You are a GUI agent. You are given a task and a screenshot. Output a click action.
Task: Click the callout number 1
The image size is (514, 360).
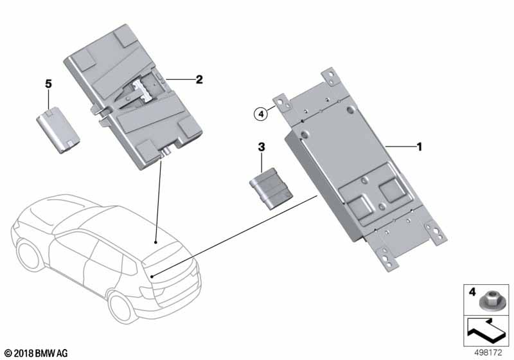pyautogui.click(x=419, y=147)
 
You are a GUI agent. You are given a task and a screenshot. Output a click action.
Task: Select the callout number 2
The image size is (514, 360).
pyautogui.click(x=199, y=79)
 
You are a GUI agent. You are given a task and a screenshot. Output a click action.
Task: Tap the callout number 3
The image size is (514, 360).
pyautogui.click(x=261, y=147)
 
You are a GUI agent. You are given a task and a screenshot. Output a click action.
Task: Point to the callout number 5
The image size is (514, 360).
pyautogui.click(x=49, y=84)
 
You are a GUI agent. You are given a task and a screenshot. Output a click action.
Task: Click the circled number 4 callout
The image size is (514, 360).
pyautogui.click(x=261, y=114)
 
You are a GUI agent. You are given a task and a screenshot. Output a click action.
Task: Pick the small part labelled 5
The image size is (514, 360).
pyautogui.click(x=58, y=130)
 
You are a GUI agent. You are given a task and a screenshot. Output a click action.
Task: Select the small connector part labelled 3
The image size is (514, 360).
pyautogui.click(x=270, y=188)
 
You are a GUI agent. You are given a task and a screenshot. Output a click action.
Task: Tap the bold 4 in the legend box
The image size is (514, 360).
pyautogui.click(x=472, y=292)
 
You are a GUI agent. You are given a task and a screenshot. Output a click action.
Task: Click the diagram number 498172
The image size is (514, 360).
pyautogui.click(x=488, y=353)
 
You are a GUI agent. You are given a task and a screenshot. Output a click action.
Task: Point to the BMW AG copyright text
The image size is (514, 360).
pyautogui.click(x=37, y=354)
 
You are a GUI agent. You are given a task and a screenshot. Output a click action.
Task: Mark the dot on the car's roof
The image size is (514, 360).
pyautogui.click(x=155, y=242)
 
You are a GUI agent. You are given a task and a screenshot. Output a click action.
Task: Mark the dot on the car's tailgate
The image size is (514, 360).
pyautogui.click(x=152, y=276)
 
